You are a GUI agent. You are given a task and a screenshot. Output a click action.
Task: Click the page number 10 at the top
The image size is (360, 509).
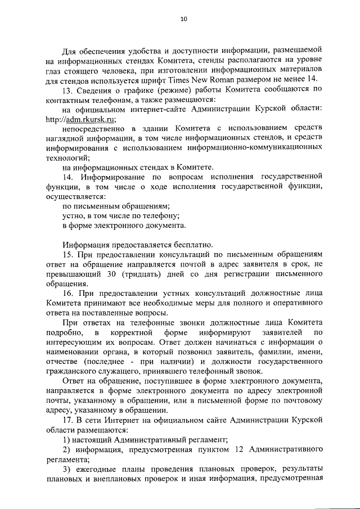183,19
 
